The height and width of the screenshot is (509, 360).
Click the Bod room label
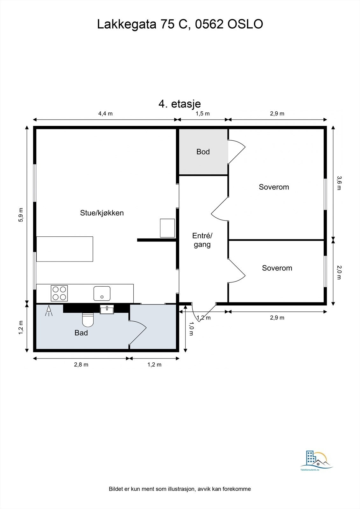(203, 152)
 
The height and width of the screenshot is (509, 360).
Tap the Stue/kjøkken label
(102, 213)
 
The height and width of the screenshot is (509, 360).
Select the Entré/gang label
(202, 240)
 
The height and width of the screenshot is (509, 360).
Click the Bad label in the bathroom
(81, 333)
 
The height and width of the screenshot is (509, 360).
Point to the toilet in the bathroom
(88, 319)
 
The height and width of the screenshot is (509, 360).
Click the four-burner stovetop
(59, 293)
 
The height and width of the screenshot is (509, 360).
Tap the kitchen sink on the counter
(102, 293)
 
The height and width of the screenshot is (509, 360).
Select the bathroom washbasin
(107, 309)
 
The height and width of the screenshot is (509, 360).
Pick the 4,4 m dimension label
(105, 114)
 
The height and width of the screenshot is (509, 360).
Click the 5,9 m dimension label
(21, 215)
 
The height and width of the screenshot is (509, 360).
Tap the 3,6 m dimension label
(339, 183)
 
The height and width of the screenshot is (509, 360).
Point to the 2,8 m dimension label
(81, 365)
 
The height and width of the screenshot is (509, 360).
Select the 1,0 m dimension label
(191, 329)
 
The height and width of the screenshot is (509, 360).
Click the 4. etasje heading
(180, 104)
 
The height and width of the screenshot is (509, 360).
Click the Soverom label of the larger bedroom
(274, 187)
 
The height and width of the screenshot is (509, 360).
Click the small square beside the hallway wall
(167, 228)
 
